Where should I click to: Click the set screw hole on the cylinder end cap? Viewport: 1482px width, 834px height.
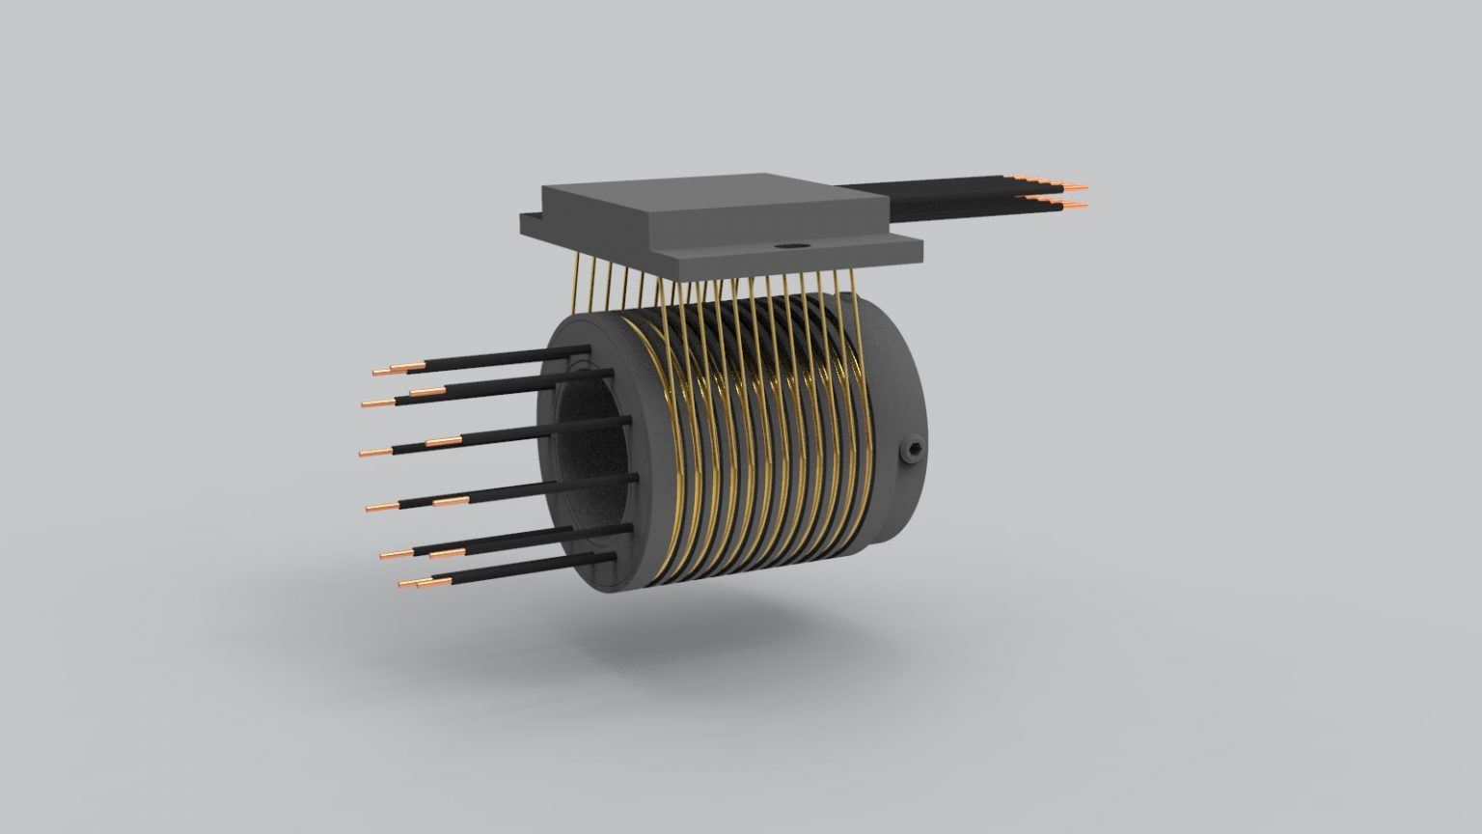(911, 450)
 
